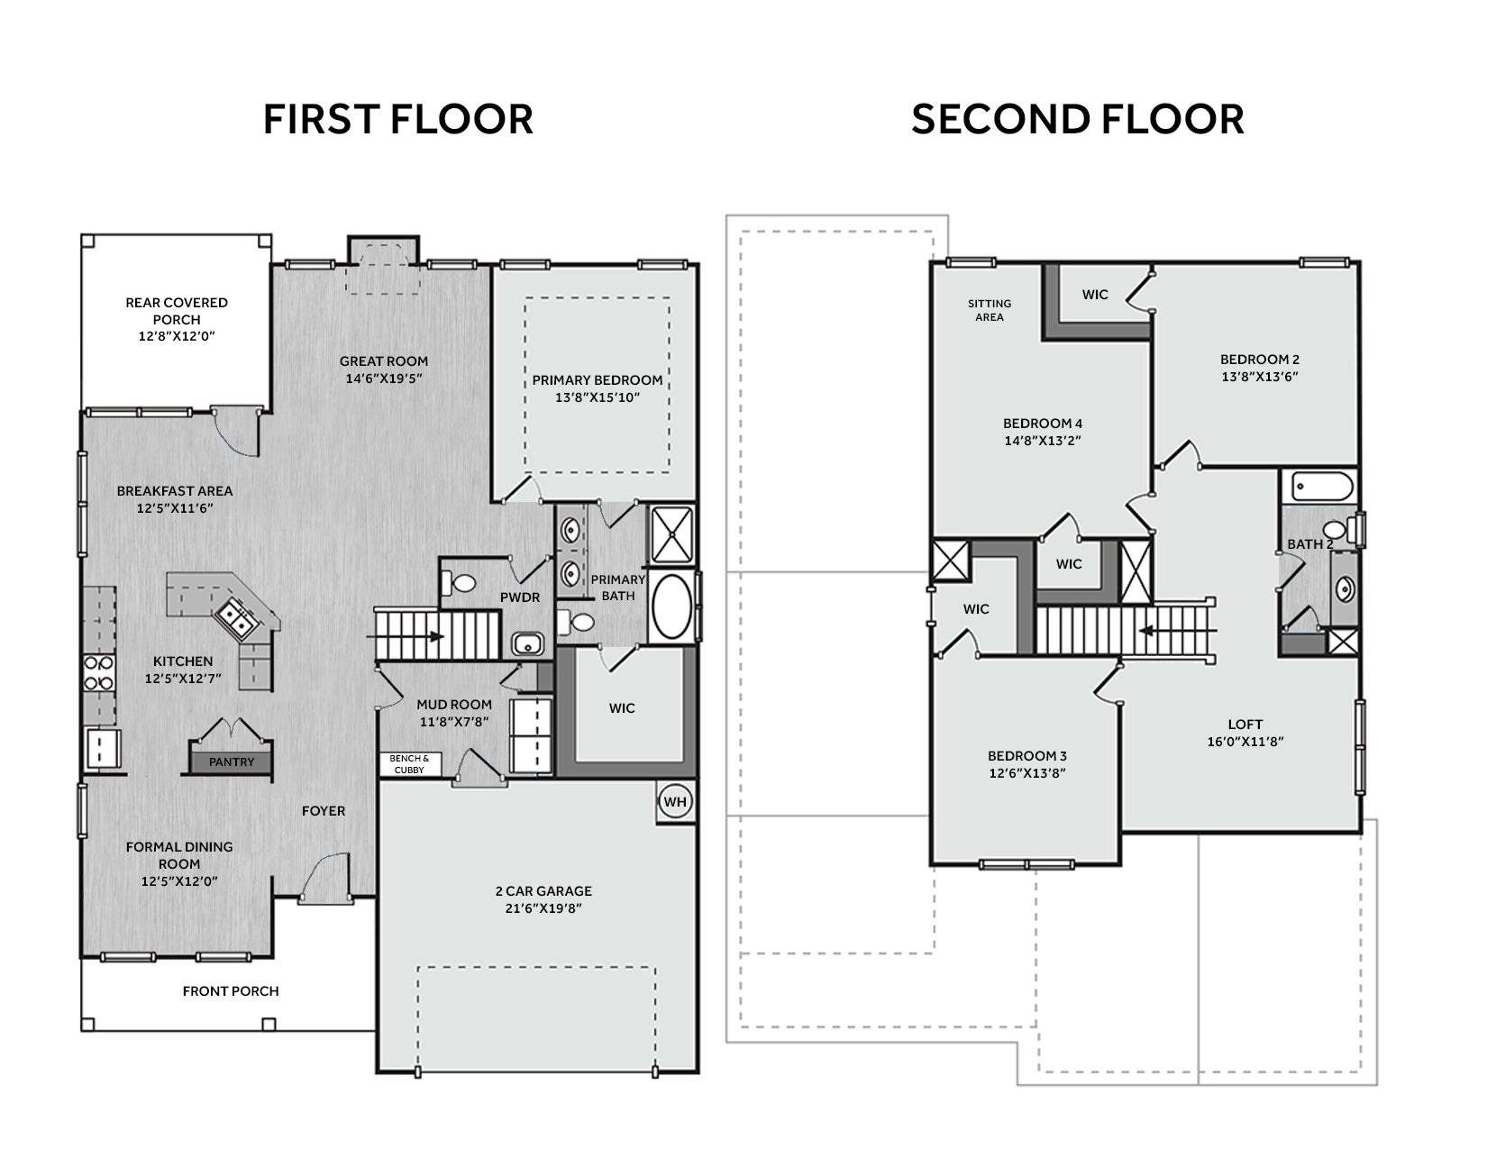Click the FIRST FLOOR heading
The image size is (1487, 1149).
(397, 119)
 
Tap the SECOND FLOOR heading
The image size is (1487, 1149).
(1077, 119)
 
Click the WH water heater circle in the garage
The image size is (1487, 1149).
(675, 801)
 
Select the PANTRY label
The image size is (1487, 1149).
(232, 761)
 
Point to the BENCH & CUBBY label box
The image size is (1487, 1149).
(410, 763)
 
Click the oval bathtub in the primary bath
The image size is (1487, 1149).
(671, 606)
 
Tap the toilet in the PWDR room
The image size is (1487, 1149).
(460, 584)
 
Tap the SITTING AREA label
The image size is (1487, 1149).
(990, 310)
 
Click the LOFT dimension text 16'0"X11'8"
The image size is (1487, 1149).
(1245, 741)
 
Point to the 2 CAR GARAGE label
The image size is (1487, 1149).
(543, 891)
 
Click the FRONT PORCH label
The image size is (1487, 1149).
(231, 991)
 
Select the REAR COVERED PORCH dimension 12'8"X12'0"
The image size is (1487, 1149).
(177, 336)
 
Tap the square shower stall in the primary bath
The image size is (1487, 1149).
(671, 534)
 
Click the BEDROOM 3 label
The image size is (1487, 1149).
(1027, 756)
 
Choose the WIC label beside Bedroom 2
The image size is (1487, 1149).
(1095, 295)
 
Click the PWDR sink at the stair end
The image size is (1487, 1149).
(527, 644)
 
